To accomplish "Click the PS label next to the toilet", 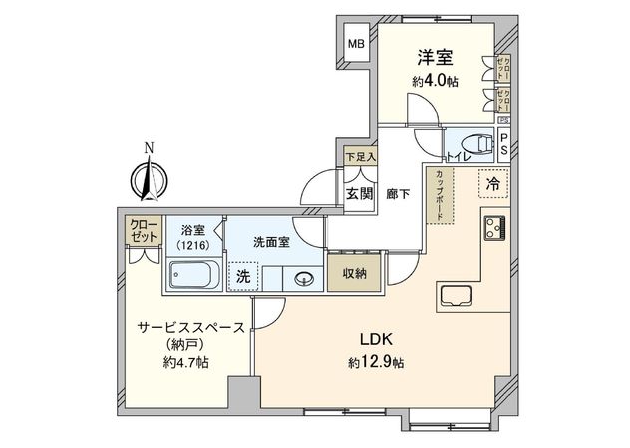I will pos(504,145).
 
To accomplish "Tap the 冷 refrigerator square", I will pos(491,183).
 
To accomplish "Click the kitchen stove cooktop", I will pos(495,228).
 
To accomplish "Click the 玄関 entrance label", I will pos(359,194).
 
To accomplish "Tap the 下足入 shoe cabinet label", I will pos(360,157).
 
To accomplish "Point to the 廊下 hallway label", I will pos(397,194).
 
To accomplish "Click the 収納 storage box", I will pos(355,273).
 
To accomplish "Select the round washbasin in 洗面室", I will pos(306,280).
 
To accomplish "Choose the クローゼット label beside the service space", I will pos(144,232).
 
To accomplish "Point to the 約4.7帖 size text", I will pos(186,363).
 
